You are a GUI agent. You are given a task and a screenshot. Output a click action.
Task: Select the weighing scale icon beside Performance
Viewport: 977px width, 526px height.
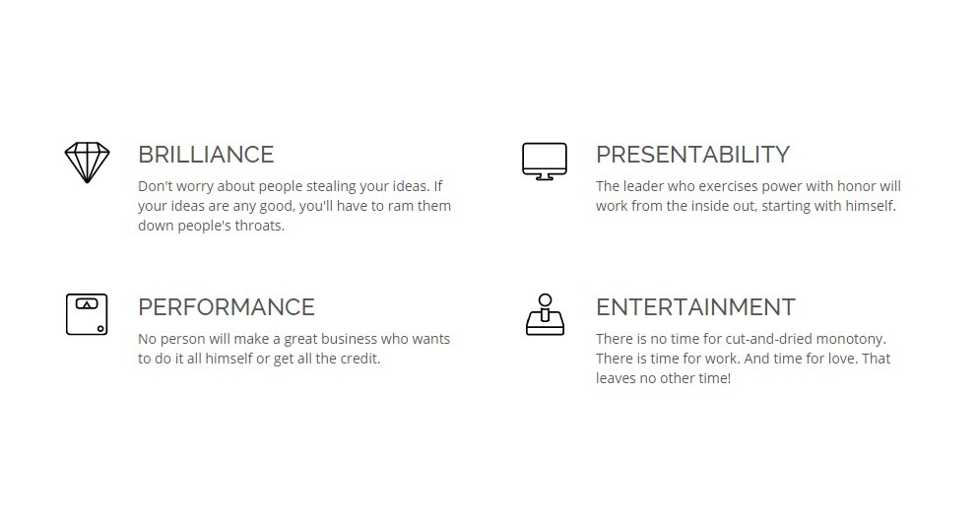[x=87, y=315]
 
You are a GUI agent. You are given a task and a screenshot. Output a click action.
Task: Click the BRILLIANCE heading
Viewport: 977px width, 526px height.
[x=206, y=155]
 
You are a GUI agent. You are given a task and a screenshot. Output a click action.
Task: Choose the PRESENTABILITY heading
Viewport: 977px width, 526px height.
[x=693, y=155]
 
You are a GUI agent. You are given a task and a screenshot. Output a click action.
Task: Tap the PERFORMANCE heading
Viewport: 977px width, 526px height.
[x=227, y=307]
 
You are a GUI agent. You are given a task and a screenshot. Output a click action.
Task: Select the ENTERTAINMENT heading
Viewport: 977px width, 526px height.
[x=695, y=307]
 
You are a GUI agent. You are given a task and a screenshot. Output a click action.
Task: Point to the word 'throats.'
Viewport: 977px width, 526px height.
[x=260, y=226]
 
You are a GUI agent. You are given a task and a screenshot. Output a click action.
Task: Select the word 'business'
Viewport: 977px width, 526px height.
[x=349, y=339]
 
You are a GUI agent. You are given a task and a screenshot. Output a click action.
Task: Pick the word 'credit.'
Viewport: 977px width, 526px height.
[x=360, y=359]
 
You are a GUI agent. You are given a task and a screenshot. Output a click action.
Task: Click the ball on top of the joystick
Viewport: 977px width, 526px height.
[x=546, y=300]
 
